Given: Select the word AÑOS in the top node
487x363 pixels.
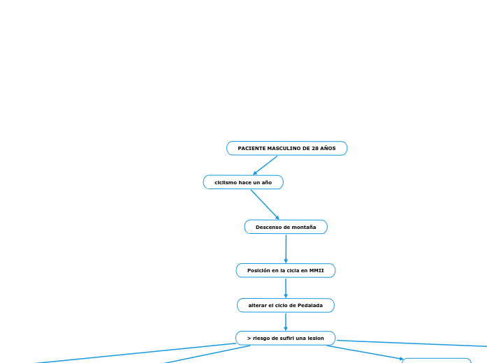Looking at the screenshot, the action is point(328,149).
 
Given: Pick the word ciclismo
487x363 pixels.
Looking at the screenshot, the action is point(226,182).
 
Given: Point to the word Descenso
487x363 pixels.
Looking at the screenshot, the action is point(268,227).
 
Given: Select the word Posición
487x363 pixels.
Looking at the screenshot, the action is point(260,270).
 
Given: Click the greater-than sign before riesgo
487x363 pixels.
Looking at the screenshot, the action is point(249,339).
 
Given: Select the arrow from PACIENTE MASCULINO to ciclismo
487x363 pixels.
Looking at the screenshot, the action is point(265,165).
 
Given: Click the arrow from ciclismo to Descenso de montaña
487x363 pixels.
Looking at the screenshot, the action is point(265,205).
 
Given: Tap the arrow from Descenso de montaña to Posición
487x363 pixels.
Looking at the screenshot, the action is point(286,249).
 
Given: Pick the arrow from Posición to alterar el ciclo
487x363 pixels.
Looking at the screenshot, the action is point(286,288).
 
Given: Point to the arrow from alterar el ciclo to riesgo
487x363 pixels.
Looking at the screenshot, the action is point(286,322).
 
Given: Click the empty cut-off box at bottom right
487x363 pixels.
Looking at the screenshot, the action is point(437,360).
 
